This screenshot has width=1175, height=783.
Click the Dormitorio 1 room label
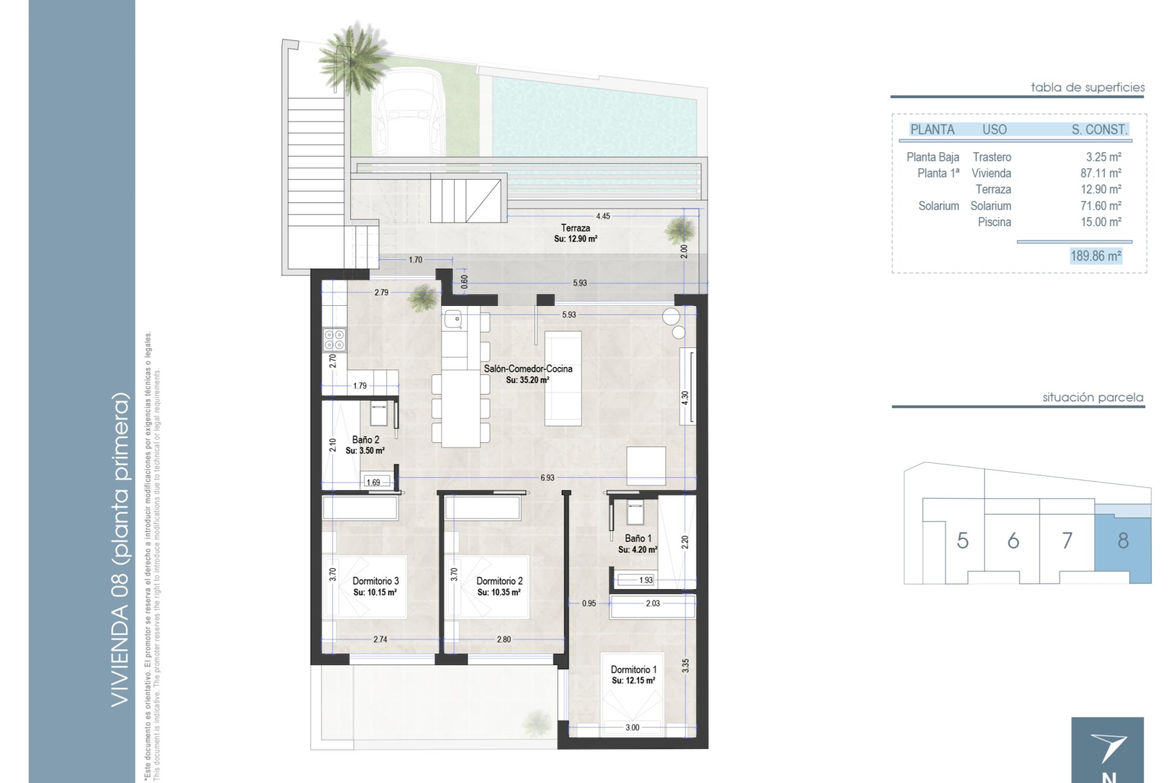(x=633, y=670)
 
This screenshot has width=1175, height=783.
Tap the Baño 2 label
(x=365, y=440)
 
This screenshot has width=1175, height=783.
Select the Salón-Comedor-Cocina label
(x=528, y=369)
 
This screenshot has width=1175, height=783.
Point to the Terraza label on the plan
(x=575, y=228)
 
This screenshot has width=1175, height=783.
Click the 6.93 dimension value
(x=547, y=478)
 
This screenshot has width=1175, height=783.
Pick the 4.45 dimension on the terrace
(x=603, y=216)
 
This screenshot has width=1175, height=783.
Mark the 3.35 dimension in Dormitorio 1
(x=685, y=666)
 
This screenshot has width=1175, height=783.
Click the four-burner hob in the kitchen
(x=334, y=340)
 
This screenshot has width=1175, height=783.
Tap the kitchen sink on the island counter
(x=453, y=319)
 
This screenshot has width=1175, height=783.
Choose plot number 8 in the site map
(x=1123, y=540)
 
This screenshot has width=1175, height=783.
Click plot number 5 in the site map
(x=963, y=540)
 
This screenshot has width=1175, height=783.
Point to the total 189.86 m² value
(x=1095, y=256)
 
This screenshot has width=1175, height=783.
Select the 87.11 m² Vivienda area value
(x=1101, y=173)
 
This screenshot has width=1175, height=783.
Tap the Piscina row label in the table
(x=994, y=222)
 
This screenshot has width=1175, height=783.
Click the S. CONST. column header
(x=1099, y=129)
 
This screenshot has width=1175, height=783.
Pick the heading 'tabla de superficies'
(x=1087, y=87)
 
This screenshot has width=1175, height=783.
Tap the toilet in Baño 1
(x=635, y=511)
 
